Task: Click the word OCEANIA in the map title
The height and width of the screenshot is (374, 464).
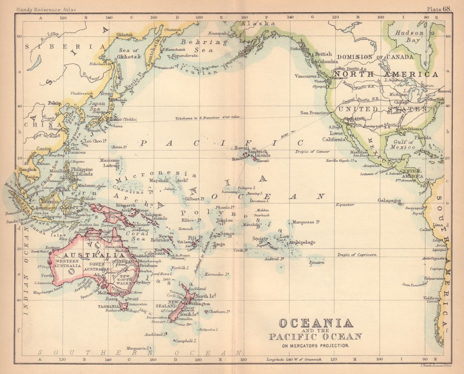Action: (x=316, y=323)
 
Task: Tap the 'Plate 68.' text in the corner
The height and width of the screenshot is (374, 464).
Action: (x=439, y=8)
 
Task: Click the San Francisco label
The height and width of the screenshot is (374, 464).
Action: (x=315, y=113)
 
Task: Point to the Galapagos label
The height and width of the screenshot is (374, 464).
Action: (x=389, y=201)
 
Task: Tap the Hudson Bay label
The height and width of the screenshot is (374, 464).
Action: (x=409, y=37)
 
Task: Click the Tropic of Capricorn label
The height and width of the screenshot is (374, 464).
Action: (x=356, y=255)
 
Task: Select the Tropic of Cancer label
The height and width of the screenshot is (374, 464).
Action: (x=313, y=152)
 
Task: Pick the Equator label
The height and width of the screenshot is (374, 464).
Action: (x=345, y=205)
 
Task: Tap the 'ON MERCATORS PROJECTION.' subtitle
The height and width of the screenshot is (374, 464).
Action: (x=316, y=345)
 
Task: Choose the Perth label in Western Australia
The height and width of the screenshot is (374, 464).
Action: (x=47, y=275)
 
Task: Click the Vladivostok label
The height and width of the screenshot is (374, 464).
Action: (x=81, y=93)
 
